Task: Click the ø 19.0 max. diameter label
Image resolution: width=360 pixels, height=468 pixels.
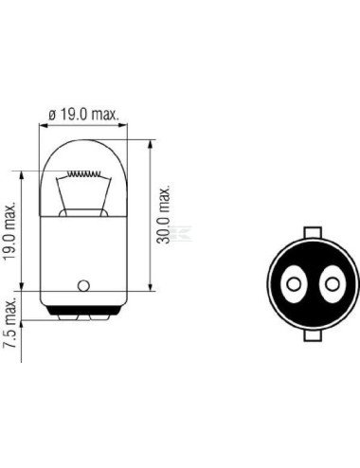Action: click(x=83, y=115)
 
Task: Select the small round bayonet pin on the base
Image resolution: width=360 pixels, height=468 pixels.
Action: click(x=83, y=284)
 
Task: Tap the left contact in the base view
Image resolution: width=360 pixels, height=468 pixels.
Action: click(x=293, y=281)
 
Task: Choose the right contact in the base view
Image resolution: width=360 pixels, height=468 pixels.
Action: click(x=332, y=281)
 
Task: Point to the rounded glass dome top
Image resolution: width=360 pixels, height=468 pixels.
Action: click(x=83, y=152)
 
